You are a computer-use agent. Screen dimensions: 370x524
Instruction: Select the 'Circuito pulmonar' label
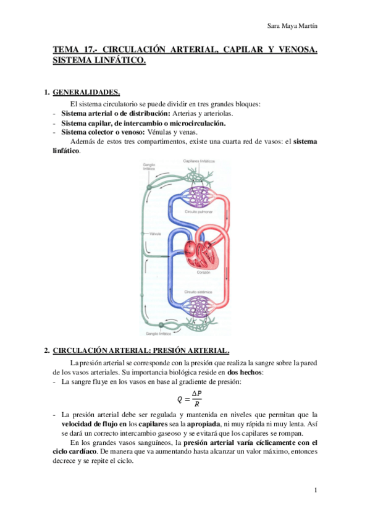coord(198,211)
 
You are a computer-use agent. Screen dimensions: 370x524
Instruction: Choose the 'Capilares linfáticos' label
coord(199,161)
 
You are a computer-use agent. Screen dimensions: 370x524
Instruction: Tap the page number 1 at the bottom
coord(315,490)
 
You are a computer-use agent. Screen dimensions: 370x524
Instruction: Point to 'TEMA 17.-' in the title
coord(74,50)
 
